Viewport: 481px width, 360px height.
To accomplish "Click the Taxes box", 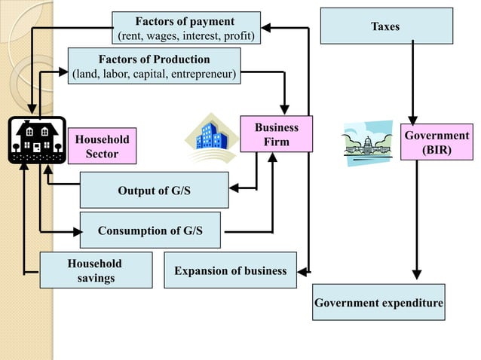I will tap(386, 26).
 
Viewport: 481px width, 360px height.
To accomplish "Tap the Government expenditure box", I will tap(378, 302).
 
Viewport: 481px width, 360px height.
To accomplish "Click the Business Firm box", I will tap(276, 134).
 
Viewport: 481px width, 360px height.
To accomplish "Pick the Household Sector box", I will tap(102, 146).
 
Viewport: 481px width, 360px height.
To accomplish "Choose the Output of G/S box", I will tap(154, 190).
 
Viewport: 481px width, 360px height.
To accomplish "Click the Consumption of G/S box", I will tap(150, 230).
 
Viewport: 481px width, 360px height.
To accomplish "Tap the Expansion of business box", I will tap(230, 270).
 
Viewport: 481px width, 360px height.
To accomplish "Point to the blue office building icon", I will tap(212, 139).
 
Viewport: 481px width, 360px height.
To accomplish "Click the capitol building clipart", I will tap(367, 142).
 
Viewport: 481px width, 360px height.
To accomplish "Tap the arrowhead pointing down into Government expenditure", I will tap(417, 275).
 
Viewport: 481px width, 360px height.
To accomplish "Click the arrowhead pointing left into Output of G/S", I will tap(233, 188).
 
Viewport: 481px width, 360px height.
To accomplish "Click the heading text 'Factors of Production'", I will tap(154, 59).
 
